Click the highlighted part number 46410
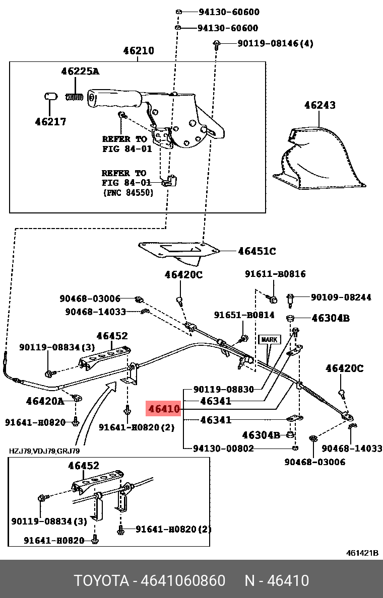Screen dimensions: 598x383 click(163, 409)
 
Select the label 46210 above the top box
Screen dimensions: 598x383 click(139, 51)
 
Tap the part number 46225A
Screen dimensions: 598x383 click(80, 71)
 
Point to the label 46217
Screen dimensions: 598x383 click(50, 122)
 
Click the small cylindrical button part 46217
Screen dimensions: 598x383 click(48, 97)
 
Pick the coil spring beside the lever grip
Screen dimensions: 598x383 click(74, 96)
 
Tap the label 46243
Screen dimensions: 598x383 click(320, 105)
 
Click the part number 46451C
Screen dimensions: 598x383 click(257, 251)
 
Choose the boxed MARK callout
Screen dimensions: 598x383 click(269, 339)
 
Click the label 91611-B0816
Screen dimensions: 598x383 click(275, 274)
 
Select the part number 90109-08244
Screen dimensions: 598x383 click(341, 297)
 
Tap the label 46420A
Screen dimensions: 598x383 click(45, 401)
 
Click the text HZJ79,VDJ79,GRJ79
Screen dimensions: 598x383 click(44, 451)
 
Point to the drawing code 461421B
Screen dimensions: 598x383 click(362, 553)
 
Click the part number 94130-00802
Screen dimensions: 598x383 click(223, 448)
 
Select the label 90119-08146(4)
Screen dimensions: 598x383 click(275, 44)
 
